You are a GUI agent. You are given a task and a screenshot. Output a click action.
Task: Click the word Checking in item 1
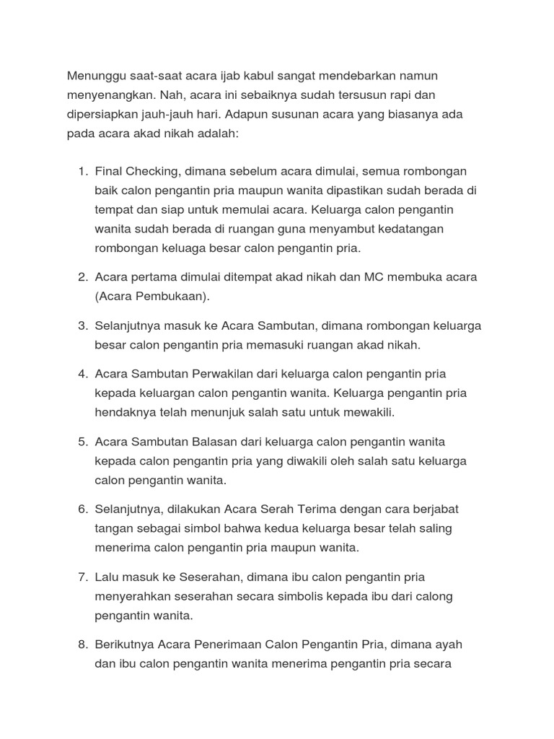[x=153, y=172]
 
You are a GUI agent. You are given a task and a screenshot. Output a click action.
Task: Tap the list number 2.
[x=82, y=277]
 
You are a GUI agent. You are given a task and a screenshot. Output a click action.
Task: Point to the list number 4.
[x=82, y=374]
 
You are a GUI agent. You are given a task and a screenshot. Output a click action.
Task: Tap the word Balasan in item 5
[x=214, y=442]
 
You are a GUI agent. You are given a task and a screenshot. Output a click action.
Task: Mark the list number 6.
[x=82, y=510]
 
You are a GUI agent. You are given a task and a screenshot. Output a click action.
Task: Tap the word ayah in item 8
[x=448, y=644]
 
